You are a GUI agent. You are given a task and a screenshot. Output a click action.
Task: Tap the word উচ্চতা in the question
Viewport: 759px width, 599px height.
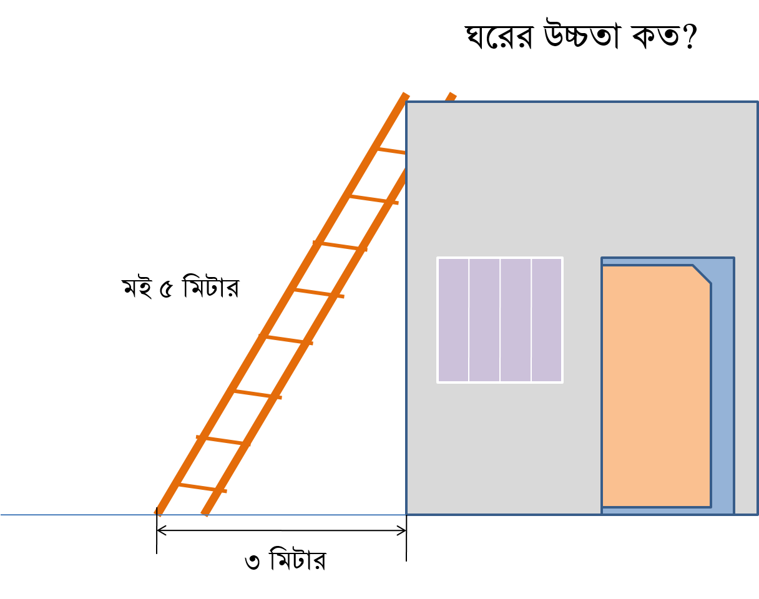pos(582,34)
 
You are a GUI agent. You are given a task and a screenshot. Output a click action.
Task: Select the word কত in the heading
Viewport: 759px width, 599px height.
pos(655,36)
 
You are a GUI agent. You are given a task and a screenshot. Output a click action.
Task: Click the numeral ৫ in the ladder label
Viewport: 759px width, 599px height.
pos(166,290)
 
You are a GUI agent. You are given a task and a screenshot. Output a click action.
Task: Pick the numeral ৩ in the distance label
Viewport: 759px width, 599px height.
pos(252,562)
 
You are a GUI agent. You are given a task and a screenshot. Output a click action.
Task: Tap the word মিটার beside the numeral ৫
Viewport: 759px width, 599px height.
pos(211,286)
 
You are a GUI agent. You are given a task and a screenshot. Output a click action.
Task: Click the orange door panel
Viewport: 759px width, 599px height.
pos(656,387)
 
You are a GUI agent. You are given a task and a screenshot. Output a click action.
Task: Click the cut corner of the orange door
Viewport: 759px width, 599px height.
pos(702,275)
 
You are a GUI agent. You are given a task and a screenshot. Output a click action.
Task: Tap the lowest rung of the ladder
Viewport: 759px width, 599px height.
pos(202,488)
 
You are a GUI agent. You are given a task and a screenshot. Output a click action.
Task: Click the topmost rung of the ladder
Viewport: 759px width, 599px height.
pos(391,151)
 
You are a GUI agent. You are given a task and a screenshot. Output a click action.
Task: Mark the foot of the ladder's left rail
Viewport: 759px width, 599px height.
pos(158,513)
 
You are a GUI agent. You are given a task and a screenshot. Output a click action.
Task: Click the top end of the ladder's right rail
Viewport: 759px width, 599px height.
pos(452,95)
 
